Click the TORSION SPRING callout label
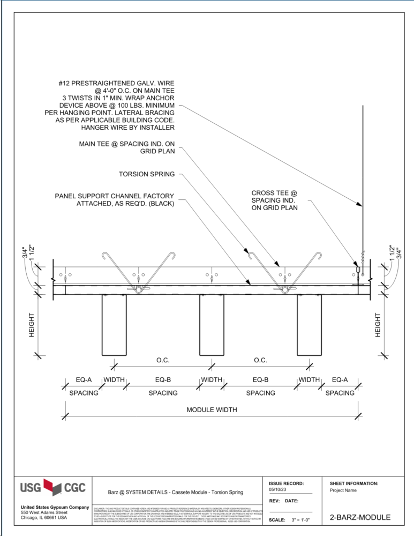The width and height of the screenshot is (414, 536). tap(147, 174)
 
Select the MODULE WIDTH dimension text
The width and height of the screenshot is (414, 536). tap(212, 410)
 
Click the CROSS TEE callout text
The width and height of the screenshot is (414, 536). tap(274, 200)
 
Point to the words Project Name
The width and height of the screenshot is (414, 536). tap(343, 490)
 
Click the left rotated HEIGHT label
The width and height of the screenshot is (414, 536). tap(32, 325)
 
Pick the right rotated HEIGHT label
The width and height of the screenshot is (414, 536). tap(378, 325)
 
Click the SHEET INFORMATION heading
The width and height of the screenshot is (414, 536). tap(354, 483)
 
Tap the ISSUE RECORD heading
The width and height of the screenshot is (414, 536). tap(286, 483)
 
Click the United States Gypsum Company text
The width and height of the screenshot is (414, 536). tap(55, 507)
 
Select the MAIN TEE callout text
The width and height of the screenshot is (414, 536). tap(126, 147)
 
